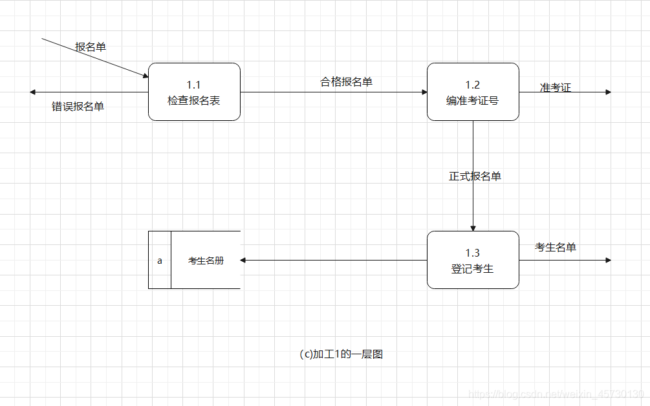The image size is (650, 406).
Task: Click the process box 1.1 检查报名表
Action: point(194,92)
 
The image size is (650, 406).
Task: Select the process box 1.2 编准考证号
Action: point(473,92)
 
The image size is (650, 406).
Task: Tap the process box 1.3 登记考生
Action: point(473,260)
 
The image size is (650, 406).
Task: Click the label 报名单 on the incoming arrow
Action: point(91,47)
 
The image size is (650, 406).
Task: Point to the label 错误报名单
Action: point(78,107)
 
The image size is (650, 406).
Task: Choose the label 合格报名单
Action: point(346,81)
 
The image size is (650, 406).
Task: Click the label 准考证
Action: point(556,88)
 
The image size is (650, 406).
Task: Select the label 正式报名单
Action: point(475,176)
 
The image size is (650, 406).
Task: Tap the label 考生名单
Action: point(555,247)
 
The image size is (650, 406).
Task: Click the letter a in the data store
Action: point(160,261)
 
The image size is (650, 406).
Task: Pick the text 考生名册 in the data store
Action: point(206,261)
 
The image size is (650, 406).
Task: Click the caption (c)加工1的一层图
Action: point(341,354)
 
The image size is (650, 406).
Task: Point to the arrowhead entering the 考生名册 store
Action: point(243,260)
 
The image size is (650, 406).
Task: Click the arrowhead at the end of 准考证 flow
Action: point(608,92)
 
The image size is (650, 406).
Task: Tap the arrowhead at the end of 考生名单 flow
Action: point(608,260)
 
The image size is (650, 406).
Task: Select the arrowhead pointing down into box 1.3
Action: point(473,228)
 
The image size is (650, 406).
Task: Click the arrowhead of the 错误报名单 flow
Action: point(32,92)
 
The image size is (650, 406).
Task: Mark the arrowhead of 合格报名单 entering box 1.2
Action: point(424,92)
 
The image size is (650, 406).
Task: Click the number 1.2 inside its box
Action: point(473,85)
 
